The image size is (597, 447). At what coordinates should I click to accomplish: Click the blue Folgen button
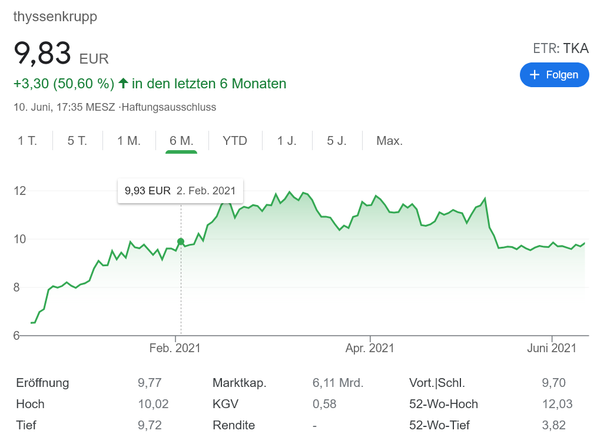(554, 75)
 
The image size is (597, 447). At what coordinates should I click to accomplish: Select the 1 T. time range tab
(27, 141)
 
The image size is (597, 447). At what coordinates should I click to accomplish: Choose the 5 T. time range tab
(77, 141)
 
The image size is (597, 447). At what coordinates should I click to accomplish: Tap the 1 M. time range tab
(129, 141)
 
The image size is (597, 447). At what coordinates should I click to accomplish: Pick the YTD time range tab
(235, 141)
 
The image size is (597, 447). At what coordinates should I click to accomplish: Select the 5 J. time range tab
(337, 141)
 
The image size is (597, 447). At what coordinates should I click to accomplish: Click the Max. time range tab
(389, 141)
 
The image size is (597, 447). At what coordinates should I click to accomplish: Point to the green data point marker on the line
(181, 241)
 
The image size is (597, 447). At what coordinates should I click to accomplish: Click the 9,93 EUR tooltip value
(147, 191)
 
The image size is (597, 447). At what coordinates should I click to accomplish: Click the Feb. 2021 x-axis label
(175, 348)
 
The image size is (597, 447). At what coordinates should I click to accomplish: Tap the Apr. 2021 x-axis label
(370, 348)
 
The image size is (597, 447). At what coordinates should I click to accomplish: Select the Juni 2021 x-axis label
(552, 348)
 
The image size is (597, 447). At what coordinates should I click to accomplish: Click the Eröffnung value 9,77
(150, 383)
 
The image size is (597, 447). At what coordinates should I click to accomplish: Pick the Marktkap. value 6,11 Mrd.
(338, 383)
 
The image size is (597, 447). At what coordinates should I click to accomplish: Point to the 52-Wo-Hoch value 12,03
(557, 404)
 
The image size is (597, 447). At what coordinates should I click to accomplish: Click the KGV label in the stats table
(225, 404)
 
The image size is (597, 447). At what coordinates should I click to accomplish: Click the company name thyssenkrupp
(55, 16)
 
